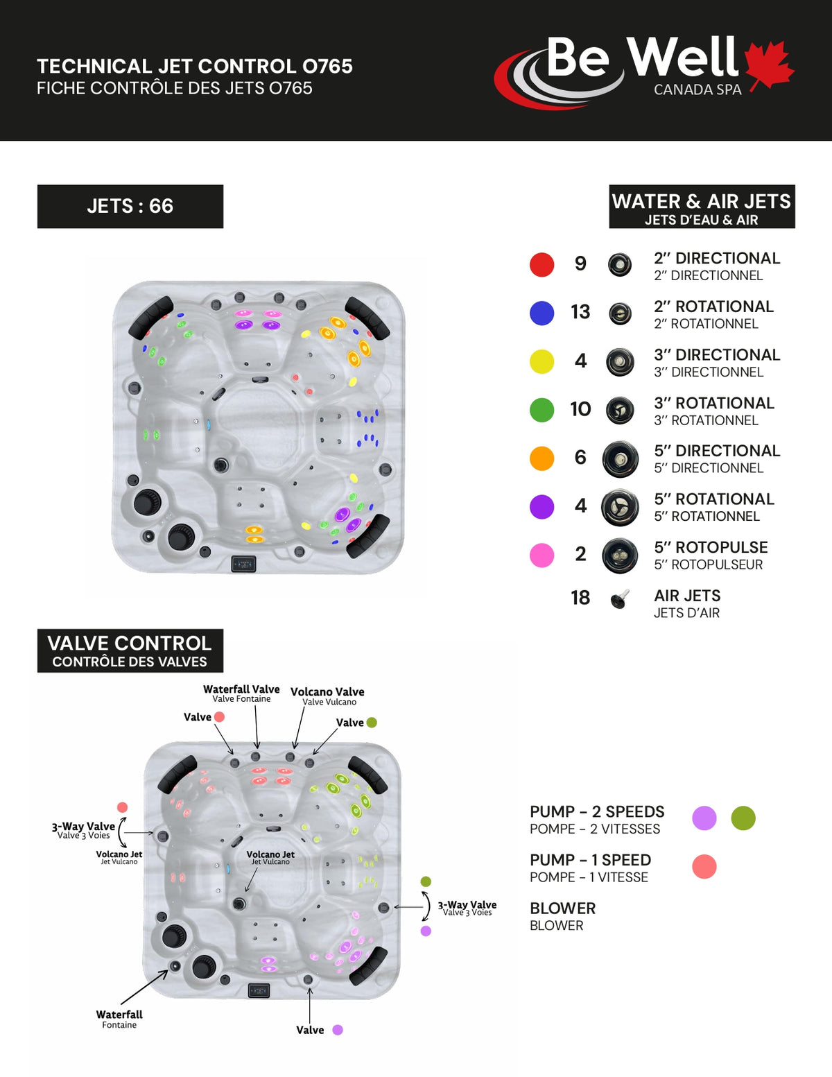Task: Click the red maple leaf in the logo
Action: coord(768,64)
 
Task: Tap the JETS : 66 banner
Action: coord(130,206)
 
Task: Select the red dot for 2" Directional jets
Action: coord(541,264)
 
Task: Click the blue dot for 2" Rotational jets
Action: coord(541,313)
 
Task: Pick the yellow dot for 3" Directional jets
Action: coord(541,361)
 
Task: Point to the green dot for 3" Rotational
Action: coord(541,410)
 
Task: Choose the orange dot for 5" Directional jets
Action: coord(541,458)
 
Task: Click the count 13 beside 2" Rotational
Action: coord(580,312)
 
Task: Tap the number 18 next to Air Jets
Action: coord(580,598)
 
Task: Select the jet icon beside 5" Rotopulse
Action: coord(620,555)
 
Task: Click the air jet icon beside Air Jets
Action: coord(620,598)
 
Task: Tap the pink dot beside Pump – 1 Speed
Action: coord(704,866)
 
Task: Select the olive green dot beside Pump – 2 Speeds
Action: coord(743,818)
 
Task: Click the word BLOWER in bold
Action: coord(562,908)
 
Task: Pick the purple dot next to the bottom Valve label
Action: coord(338,1030)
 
